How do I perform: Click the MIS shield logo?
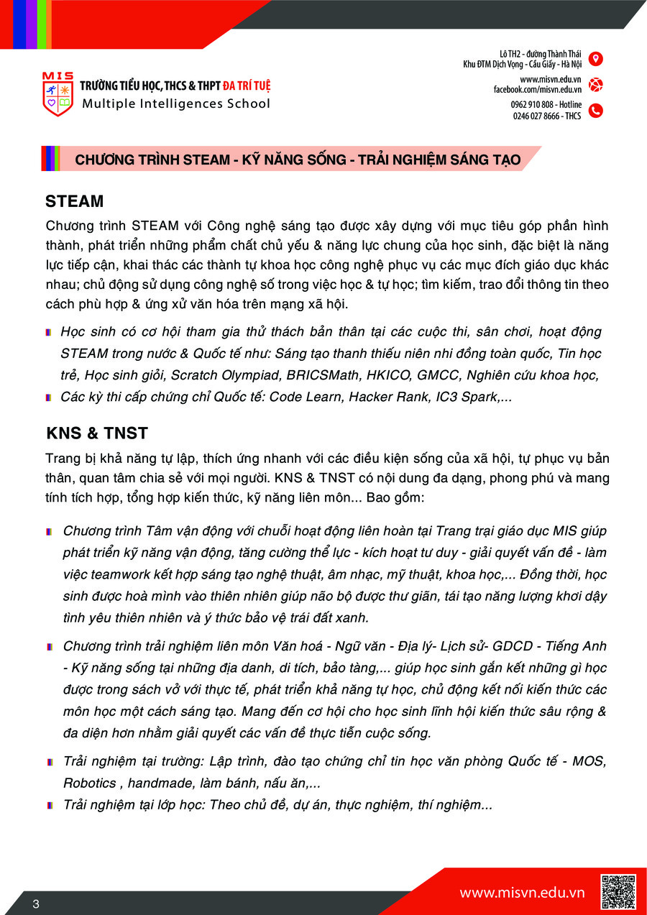(x=58, y=94)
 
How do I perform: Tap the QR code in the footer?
(x=618, y=891)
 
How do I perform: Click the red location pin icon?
(x=595, y=59)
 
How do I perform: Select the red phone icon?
(x=595, y=111)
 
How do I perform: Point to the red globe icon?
(x=595, y=85)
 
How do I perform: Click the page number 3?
(x=36, y=903)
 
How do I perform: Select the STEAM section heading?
(x=74, y=201)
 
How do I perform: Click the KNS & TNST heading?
(x=97, y=433)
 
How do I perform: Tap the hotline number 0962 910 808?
(x=534, y=105)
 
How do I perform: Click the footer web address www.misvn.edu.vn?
(x=522, y=893)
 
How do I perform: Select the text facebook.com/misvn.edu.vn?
(x=537, y=89)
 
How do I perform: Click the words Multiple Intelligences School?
(x=176, y=104)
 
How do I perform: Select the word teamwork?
(x=114, y=575)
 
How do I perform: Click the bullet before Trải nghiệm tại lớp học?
(x=49, y=806)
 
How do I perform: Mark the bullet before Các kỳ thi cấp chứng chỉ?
(x=47, y=397)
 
